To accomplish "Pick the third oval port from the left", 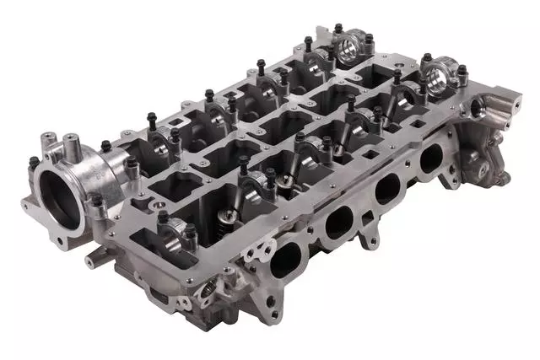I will (386, 191).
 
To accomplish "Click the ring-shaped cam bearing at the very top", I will (355, 50).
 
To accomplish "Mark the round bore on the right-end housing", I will (480, 105).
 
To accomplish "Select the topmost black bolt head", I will (338, 28).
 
